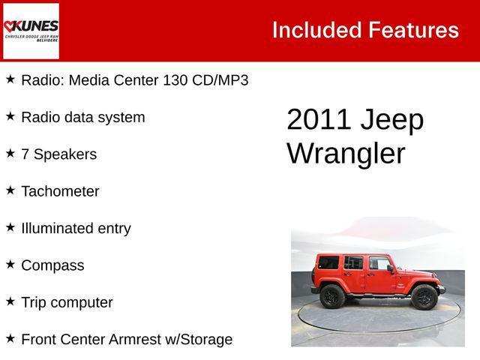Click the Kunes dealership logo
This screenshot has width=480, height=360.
click(x=31, y=31)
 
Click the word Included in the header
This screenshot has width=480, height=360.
click(x=316, y=30)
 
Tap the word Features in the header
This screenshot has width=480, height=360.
click(x=413, y=30)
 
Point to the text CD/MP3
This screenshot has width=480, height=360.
click(x=220, y=79)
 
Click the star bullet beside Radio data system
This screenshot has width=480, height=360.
click(x=10, y=116)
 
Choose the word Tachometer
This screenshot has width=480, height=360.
click(x=60, y=191)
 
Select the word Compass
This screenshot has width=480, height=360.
click(x=52, y=265)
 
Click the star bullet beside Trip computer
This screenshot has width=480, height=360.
click(x=10, y=301)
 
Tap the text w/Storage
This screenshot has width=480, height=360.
click(x=202, y=339)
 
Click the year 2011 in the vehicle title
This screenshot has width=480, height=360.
click(x=319, y=120)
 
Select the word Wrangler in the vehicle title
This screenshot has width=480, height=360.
click(x=346, y=153)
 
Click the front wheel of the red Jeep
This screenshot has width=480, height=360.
click(x=424, y=297)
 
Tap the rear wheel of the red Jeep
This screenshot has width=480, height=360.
click(x=332, y=296)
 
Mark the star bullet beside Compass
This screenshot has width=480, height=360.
click(x=10, y=265)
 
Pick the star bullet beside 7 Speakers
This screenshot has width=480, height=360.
click(x=10, y=153)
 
